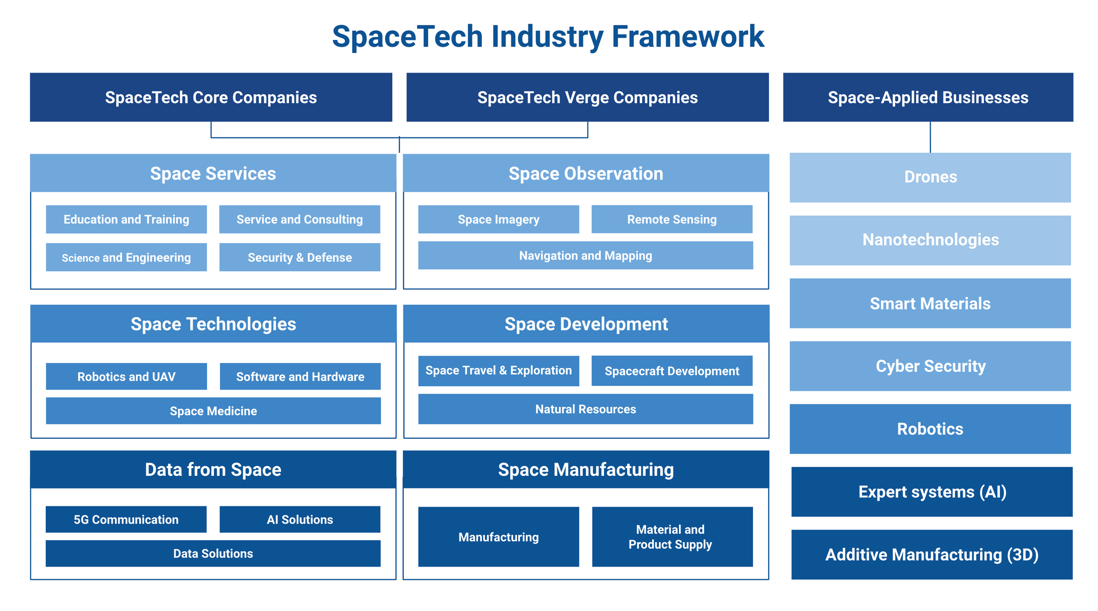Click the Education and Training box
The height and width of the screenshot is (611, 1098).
pyautogui.click(x=126, y=219)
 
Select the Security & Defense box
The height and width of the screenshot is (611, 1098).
pyautogui.click(x=300, y=257)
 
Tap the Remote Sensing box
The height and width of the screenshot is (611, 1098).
pyautogui.click(x=672, y=219)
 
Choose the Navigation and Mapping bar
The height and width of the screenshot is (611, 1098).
pyautogui.click(x=585, y=255)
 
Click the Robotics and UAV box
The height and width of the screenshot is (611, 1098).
pyautogui.click(x=126, y=376)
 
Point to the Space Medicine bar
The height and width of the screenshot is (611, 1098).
pyautogui.click(x=213, y=411)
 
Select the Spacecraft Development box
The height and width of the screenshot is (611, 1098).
pyautogui.click(x=672, y=371)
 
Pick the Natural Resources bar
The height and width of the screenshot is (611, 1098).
pyautogui.click(x=585, y=409)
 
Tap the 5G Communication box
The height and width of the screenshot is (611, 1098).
pyautogui.click(x=126, y=519)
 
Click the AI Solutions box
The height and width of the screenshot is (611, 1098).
pyautogui.click(x=300, y=519)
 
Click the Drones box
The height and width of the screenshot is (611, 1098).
pyautogui.click(x=930, y=177)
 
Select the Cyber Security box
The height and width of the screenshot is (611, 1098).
pyautogui.click(x=930, y=366)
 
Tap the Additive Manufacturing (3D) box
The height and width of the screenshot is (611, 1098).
pyautogui.click(x=932, y=554)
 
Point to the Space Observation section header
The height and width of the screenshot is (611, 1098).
pyautogui.click(x=586, y=173)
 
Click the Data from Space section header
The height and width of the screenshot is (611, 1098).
pyautogui.click(x=213, y=469)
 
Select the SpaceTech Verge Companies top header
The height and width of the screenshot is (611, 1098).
pyautogui.click(x=588, y=97)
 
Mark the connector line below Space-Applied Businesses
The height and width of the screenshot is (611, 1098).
pyautogui.click(x=930, y=137)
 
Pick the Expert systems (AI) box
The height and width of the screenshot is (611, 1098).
pyautogui.click(x=932, y=492)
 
